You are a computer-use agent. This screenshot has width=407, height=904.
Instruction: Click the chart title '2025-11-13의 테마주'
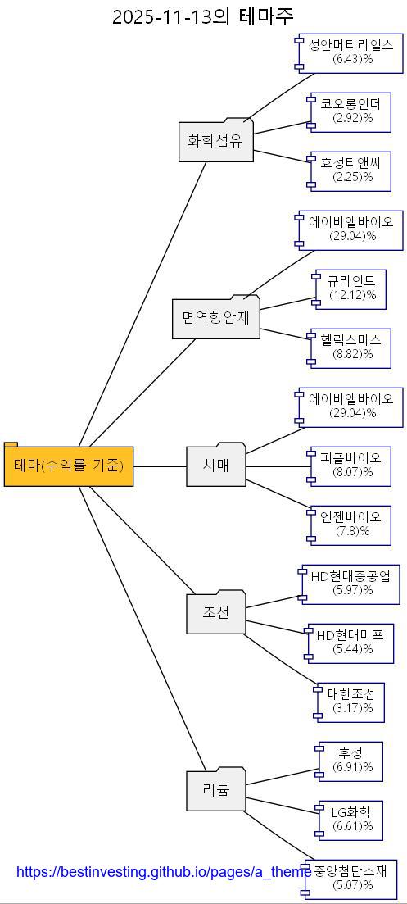[x=202, y=16]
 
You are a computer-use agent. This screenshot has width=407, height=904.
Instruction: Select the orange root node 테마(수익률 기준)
[x=69, y=466]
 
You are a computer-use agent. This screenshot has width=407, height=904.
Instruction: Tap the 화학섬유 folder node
[x=216, y=141]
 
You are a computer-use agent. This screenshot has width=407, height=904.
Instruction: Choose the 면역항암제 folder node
[x=216, y=317]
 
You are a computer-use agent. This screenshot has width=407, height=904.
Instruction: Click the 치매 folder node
[x=216, y=466]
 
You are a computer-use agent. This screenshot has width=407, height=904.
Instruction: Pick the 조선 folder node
[x=216, y=613]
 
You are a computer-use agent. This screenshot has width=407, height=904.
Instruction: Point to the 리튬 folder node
[x=216, y=790]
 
